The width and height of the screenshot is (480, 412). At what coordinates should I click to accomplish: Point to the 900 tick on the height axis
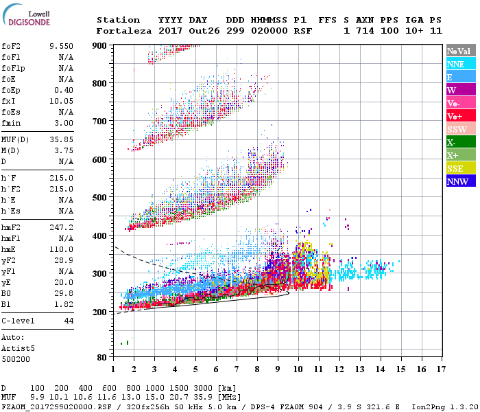pyautogui.click(x=99, y=45)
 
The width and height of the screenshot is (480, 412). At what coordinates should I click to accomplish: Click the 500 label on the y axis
pyautogui.click(x=99, y=198)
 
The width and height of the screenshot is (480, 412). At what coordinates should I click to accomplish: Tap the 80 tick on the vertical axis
pyautogui.click(x=101, y=358)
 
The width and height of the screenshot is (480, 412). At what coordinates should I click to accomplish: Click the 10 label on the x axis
pyautogui.click(x=298, y=369)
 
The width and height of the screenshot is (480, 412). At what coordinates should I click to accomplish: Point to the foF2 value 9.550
pyautogui.click(x=61, y=46)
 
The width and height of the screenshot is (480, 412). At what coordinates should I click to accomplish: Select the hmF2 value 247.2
pyautogui.click(x=61, y=227)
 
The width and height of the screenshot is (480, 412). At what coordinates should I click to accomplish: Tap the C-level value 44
pyautogui.click(x=69, y=321)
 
